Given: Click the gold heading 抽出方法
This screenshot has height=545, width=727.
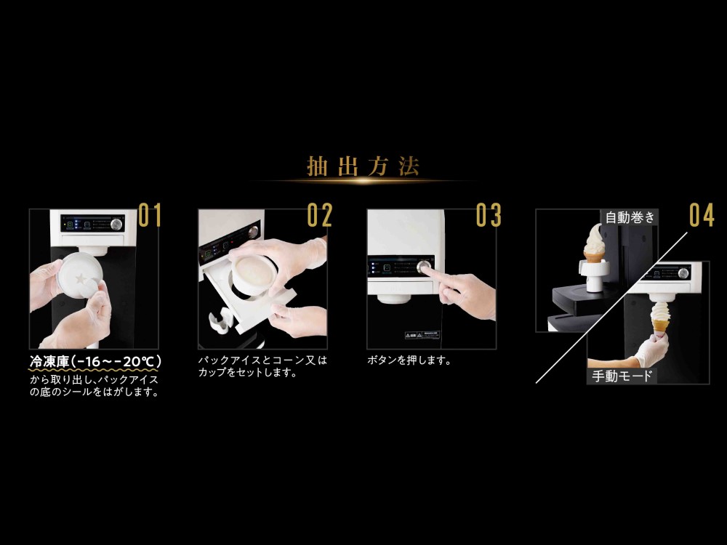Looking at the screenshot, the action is pyautogui.click(x=363, y=166).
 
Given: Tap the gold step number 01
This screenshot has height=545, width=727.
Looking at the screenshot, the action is pyautogui.click(x=150, y=215).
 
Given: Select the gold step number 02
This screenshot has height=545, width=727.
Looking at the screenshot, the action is pyautogui.click(x=320, y=215).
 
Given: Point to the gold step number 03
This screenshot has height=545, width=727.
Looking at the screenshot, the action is pyautogui.click(x=489, y=215).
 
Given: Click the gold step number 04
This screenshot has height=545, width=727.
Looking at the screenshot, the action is pyautogui.click(x=702, y=215).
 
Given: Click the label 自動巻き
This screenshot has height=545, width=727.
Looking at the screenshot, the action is pyautogui.click(x=630, y=217).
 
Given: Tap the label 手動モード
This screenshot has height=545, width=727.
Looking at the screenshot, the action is pyautogui.click(x=622, y=376).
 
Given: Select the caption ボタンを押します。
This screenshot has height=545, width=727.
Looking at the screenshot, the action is pyautogui.click(x=409, y=360).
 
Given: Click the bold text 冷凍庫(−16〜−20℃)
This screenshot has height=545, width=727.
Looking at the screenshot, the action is pyautogui.click(x=95, y=361).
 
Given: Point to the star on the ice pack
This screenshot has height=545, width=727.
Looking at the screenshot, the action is pyautogui.click(x=82, y=278).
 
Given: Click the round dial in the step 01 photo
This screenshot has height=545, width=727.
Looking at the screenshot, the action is pyautogui.click(x=116, y=225).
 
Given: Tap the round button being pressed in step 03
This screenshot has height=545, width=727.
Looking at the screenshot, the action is pyautogui.click(x=423, y=267).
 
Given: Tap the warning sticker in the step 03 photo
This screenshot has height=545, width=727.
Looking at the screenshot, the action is pyautogui.click(x=422, y=335).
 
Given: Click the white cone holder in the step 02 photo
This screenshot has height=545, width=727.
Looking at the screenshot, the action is pyautogui.click(x=221, y=321).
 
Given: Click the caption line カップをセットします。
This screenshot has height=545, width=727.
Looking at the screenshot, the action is pyautogui.click(x=248, y=373).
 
